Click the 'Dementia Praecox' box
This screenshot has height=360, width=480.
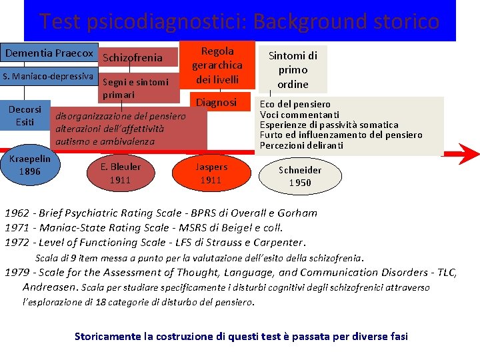tap(49, 53)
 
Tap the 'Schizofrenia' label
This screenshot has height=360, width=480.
tap(133, 58)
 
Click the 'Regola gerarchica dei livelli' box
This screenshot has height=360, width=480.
tap(217, 65)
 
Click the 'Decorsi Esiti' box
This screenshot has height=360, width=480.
tap(25, 115)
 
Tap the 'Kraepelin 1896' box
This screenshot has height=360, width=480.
tap(30, 165)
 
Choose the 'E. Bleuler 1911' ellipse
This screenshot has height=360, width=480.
tap(121, 173)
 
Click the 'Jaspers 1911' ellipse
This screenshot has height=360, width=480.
tap(211, 173)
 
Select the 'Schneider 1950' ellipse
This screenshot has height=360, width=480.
tap(300, 176)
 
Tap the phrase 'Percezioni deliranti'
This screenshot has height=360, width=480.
tap(301, 145)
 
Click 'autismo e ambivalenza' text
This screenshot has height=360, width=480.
tap(105, 141)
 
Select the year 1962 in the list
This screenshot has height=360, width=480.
tap(17, 213)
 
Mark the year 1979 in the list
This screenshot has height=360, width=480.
tap(17, 272)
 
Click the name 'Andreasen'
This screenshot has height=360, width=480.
tap(51, 287)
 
